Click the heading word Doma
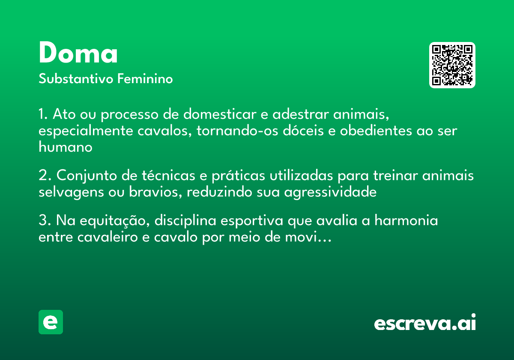click(x=78, y=54)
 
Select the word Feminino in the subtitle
click(x=145, y=79)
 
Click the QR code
click(x=452, y=65)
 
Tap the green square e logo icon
click(x=51, y=322)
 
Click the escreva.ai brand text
click(x=425, y=323)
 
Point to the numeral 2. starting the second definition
click(x=45, y=176)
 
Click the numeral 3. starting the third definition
click(x=45, y=221)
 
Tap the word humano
click(x=66, y=147)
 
